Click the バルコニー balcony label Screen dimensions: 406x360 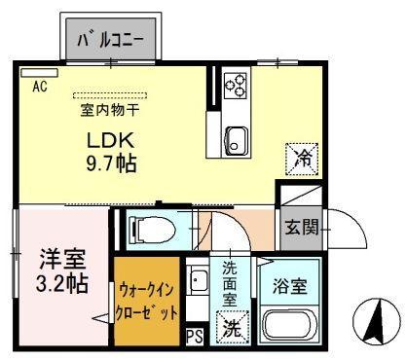[x=110, y=40]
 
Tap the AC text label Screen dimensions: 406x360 [x=40, y=87]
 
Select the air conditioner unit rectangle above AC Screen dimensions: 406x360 [x=39, y=73]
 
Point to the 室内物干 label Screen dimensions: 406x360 [x=110, y=110]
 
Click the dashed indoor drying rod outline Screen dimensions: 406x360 [x=110, y=95]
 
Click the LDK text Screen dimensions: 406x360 [x=110, y=140]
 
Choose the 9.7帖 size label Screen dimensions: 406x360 [x=111, y=162]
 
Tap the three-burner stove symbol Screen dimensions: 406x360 [x=236, y=85]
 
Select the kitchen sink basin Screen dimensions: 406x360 [x=237, y=141]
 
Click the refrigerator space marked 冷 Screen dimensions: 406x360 [x=302, y=159]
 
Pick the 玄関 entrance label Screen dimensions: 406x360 [x=302, y=227]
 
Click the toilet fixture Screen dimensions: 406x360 [x=152, y=230]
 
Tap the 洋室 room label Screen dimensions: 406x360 [x=62, y=259]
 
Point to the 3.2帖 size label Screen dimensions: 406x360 [x=61, y=284]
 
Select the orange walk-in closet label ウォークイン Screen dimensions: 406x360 [x=147, y=290]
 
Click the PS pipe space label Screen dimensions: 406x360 [x=195, y=336]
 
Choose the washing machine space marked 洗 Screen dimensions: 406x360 [x=232, y=328]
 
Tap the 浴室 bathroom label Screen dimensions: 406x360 [x=289, y=286]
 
